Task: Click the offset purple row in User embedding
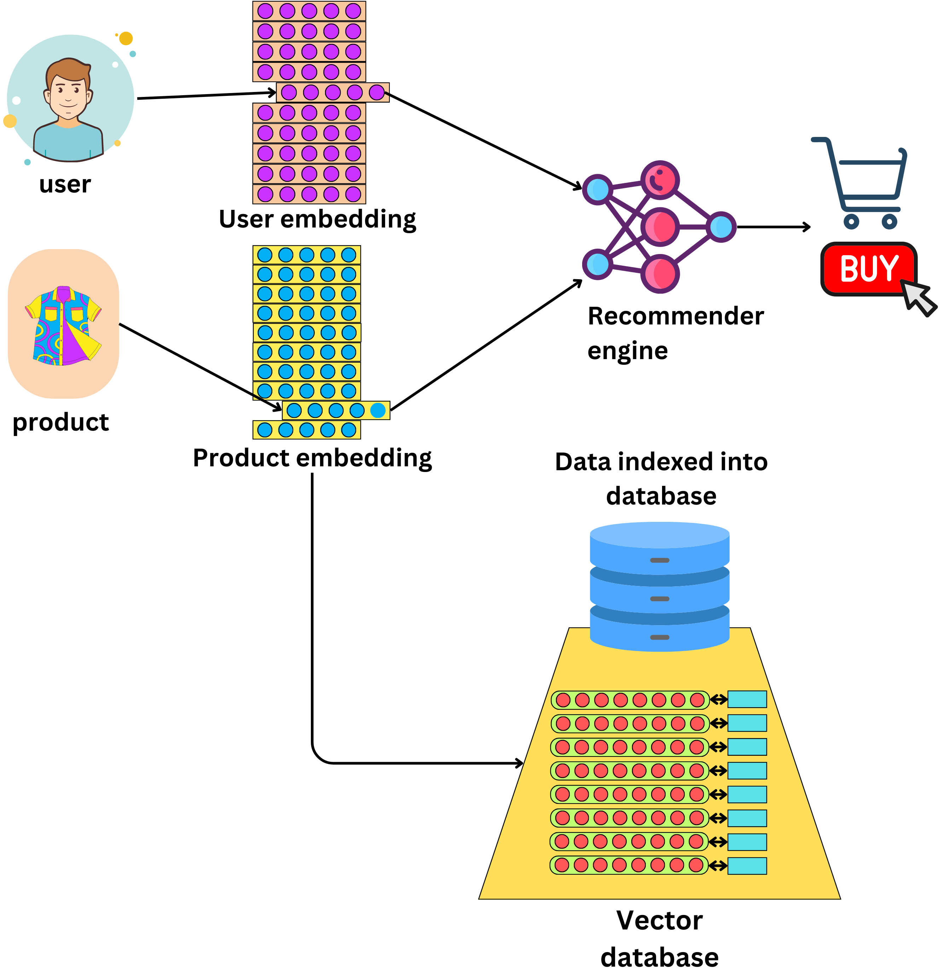(332, 92)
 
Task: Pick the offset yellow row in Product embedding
(336, 410)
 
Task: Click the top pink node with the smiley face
(659, 180)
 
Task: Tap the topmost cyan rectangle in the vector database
(747, 699)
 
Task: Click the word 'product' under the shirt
(60, 422)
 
